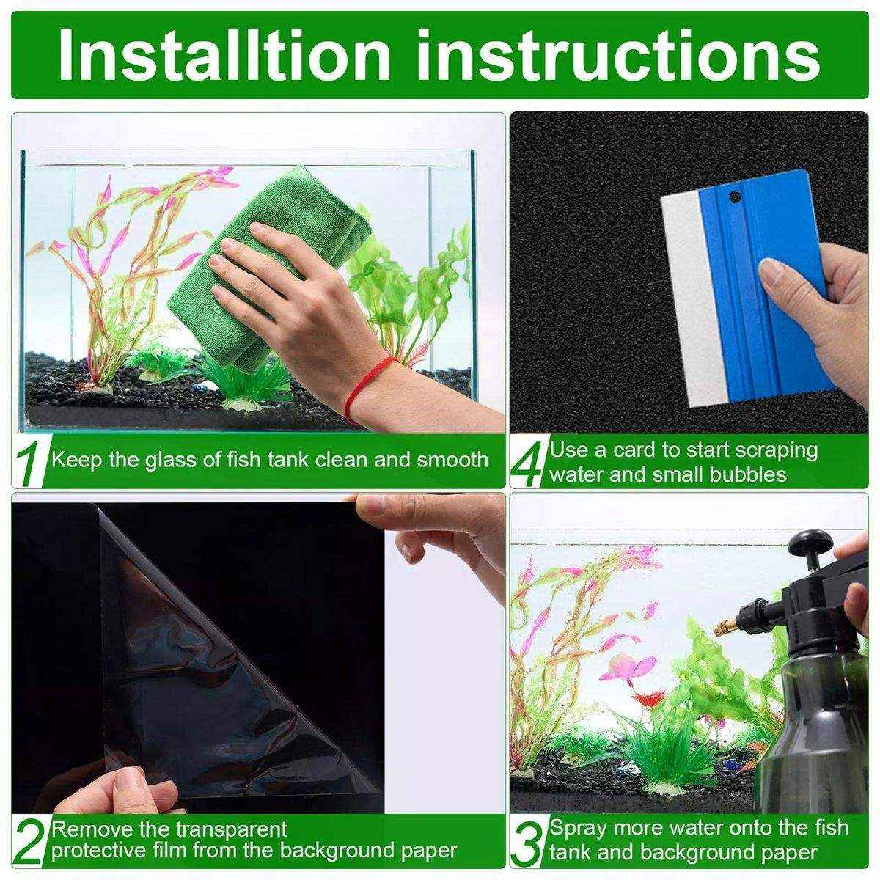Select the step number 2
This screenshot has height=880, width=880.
coord(29,841)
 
